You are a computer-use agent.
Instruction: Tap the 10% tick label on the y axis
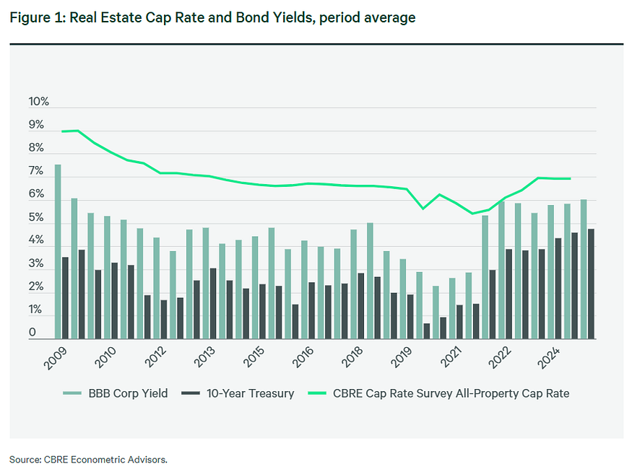click(39, 102)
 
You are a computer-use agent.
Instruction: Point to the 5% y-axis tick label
click(36, 218)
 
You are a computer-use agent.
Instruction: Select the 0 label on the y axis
click(33, 333)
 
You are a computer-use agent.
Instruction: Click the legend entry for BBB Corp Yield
click(126, 393)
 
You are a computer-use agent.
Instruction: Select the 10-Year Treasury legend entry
click(250, 393)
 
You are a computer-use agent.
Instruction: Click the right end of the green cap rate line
click(570, 179)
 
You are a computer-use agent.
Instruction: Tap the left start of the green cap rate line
click(63, 131)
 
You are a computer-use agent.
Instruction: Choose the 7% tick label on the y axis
click(36, 172)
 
